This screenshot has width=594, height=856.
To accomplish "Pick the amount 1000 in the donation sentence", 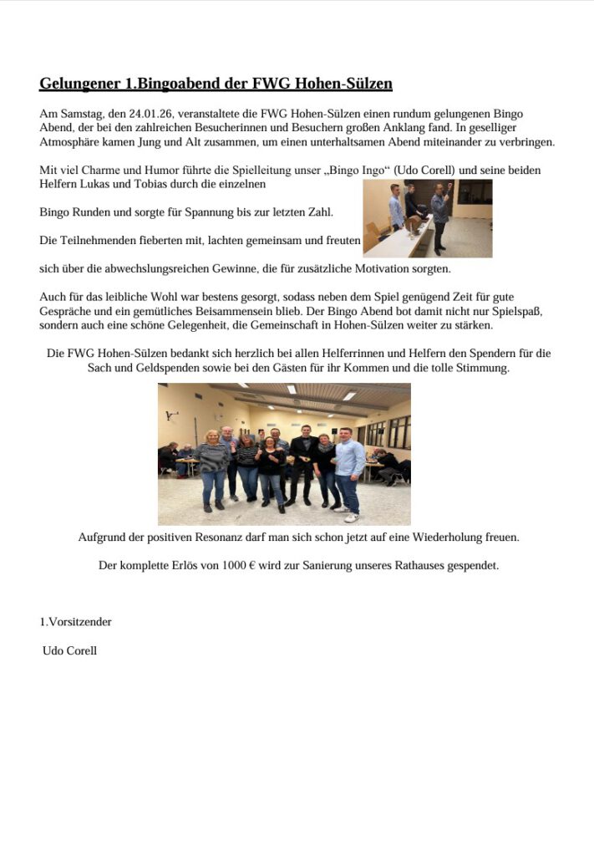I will click(234, 565).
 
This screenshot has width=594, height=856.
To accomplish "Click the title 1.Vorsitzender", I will click(76, 622).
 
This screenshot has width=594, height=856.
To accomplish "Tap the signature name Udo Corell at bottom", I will click(69, 650).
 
